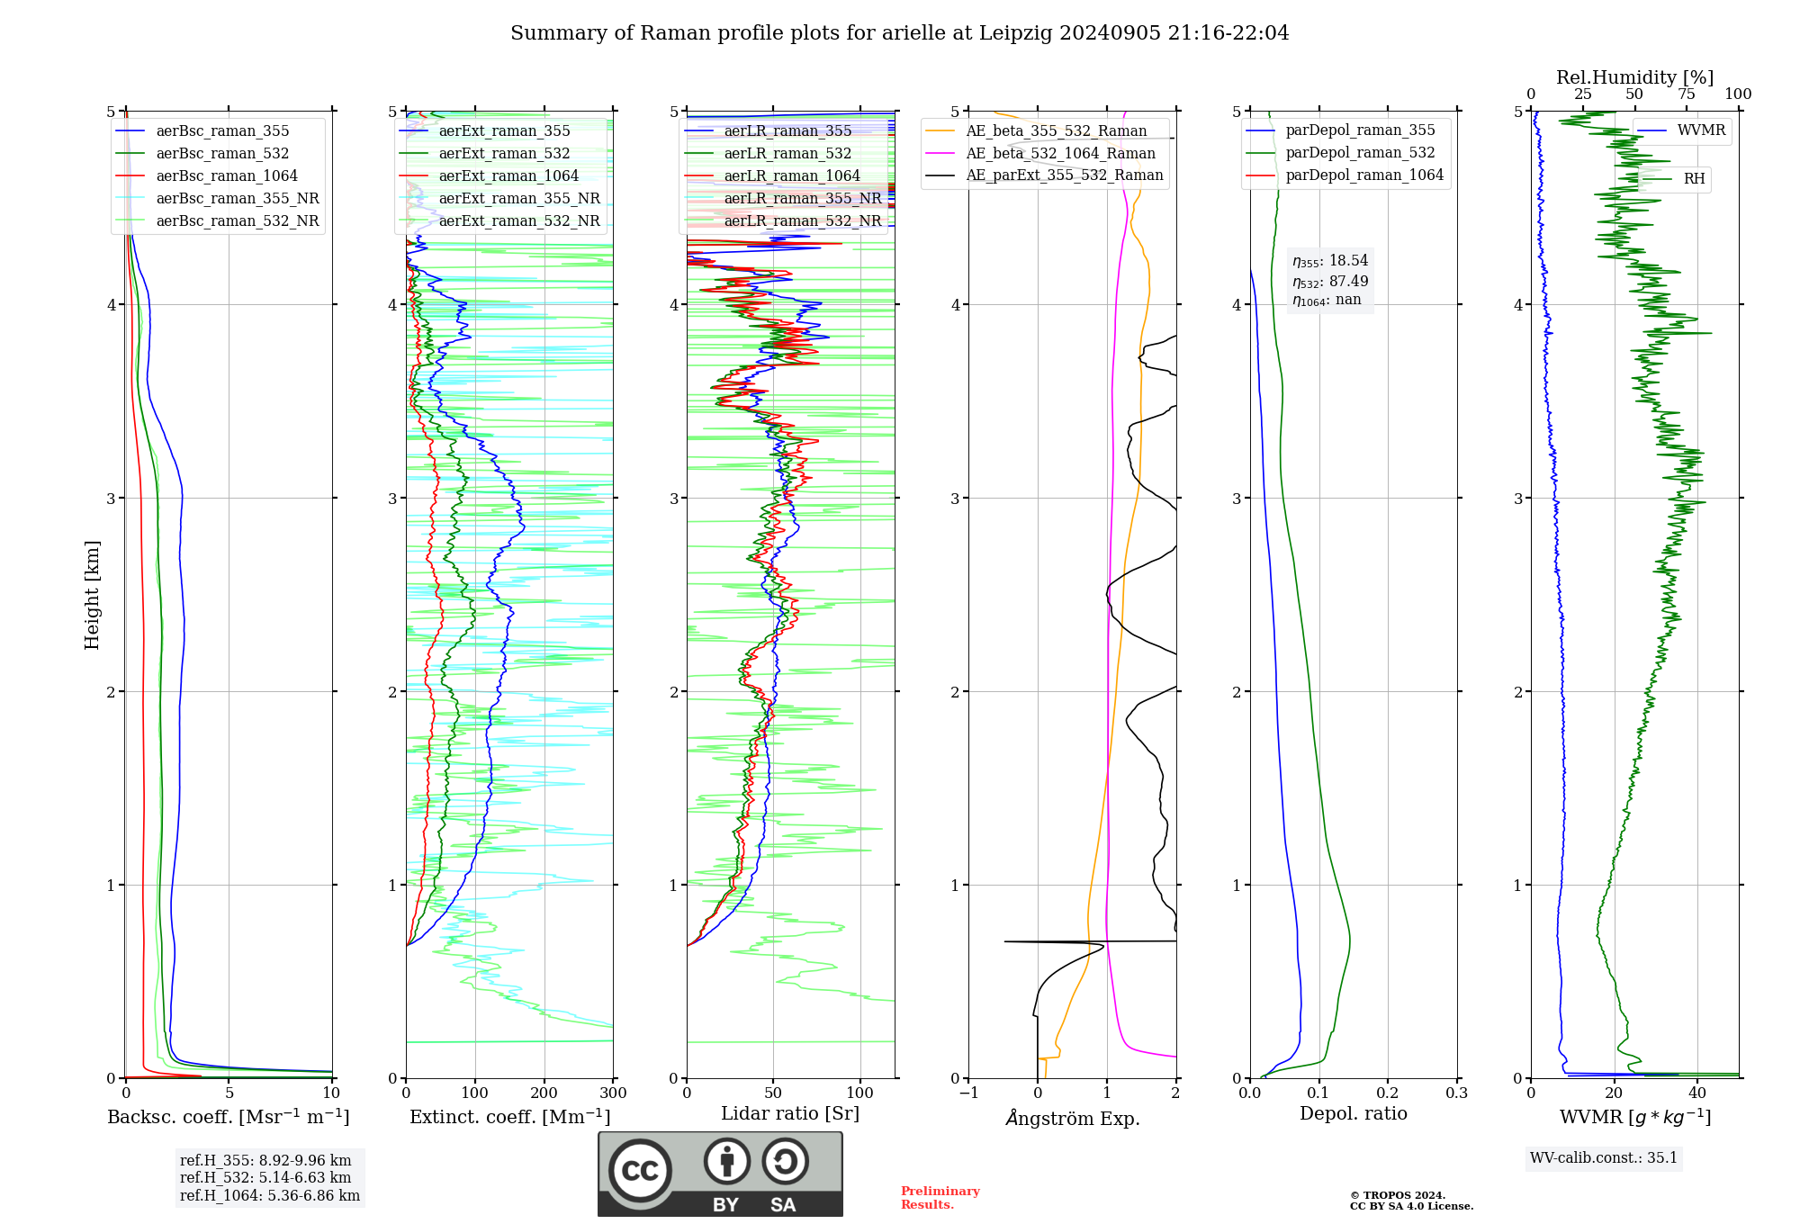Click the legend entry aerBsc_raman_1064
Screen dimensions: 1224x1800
click(226, 175)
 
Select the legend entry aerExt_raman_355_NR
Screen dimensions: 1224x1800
click(518, 198)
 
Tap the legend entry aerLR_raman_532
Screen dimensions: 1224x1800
click(787, 153)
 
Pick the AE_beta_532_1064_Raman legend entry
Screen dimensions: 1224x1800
click(1060, 153)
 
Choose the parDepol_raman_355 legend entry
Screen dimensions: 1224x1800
click(1360, 130)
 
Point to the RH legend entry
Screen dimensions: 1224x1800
click(1694, 179)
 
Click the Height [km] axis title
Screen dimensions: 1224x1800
click(92, 595)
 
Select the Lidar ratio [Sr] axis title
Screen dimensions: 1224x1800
click(790, 1113)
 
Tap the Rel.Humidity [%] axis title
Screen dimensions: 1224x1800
click(1634, 77)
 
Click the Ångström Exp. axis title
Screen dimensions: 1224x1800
click(1073, 1118)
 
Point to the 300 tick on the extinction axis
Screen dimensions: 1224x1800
click(613, 1093)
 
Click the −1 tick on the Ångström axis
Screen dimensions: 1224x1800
click(968, 1093)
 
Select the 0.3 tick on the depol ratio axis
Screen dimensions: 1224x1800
click(1457, 1093)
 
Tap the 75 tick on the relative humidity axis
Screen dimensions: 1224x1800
click(1687, 94)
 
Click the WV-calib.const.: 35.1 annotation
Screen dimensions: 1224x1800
click(1604, 1157)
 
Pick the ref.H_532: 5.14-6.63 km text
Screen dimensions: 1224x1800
click(265, 1177)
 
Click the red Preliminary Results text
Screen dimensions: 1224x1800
click(940, 1198)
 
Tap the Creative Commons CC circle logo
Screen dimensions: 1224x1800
click(640, 1171)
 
